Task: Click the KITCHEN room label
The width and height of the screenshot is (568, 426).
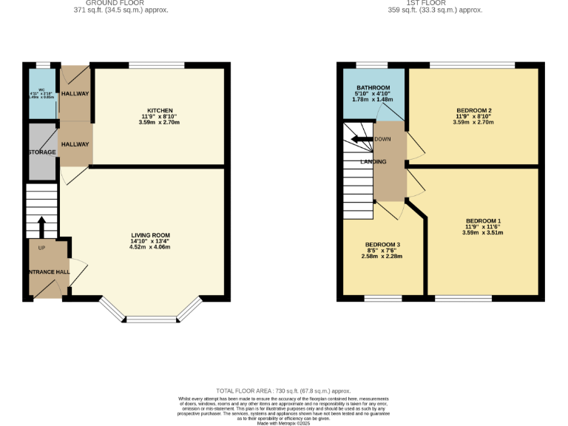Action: (160, 110)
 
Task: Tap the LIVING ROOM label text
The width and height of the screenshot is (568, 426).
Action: (155, 235)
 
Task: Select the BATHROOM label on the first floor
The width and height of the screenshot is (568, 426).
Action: (373, 87)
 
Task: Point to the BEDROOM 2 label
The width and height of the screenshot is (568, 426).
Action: (473, 110)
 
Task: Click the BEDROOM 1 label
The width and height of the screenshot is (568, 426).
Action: (483, 220)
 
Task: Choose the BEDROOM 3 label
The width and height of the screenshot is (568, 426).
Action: (382, 244)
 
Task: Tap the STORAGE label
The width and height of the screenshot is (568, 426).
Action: (42, 152)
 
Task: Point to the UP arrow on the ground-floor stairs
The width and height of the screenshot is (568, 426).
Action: (41, 225)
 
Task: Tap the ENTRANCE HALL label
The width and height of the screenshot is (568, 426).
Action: (49, 272)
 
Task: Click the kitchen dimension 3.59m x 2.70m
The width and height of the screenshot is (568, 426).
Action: (160, 122)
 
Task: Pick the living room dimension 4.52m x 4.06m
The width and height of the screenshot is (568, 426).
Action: (155, 247)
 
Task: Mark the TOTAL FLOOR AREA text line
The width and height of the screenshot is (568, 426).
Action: (283, 390)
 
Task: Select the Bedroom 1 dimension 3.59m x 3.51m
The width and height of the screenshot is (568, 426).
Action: (483, 232)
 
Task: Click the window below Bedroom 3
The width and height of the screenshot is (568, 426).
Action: (383, 299)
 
